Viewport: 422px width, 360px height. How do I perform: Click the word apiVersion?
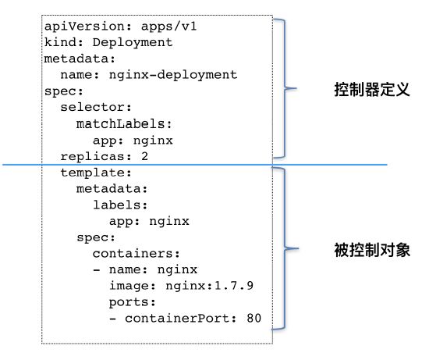click(84, 27)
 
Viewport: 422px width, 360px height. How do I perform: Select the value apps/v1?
click(169, 26)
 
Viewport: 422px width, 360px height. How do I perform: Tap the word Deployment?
click(133, 43)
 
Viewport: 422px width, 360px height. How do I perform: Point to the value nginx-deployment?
click(173, 75)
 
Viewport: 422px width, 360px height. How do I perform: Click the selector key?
click(93, 107)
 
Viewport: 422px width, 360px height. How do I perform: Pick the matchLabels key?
click(120, 123)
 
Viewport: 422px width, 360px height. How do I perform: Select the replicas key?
click(93, 156)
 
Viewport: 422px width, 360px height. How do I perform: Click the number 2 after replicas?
click(145, 156)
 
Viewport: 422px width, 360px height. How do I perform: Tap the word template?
click(93, 173)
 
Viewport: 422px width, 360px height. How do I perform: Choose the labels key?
click(117, 205)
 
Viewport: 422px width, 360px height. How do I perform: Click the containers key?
click(133, 254)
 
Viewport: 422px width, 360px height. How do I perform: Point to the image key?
click(129, 286)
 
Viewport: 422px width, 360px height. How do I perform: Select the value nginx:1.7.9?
click(209, 286)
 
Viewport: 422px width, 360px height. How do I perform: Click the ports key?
click(129, 302)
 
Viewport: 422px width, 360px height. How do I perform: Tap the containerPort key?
click(177, 319)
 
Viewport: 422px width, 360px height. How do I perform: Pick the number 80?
click(254, 319)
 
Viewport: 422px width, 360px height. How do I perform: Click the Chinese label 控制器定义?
click(372, 90)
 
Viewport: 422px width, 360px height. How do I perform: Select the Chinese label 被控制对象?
click(372, 250)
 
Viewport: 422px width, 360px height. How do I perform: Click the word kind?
click(61, 42)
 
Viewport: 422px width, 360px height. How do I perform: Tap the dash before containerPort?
click(113, 319)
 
